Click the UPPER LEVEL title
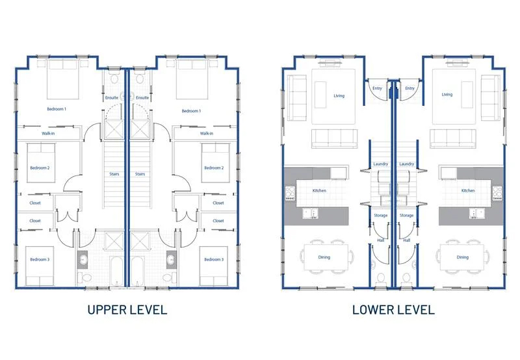click(x=127, y=310)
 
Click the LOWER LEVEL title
click(x=393, y=310)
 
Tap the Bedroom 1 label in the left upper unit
click(x=57, y=109)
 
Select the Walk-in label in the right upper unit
click(x=206, y=133)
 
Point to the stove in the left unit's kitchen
click(x=290, y=193)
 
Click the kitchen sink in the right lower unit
click(x=476, y=213)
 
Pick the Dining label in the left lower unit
click(x=324, y=257)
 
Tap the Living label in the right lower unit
click(x=447, y=94)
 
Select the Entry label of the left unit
click(x=377, y=88)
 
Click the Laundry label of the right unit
click(x=407, y=164)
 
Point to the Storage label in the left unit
click(x=380, y=215)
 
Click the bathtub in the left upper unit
click(x=117, y=271)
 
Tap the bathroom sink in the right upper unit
click(x=171, y=259)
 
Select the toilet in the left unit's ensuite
click(x=115, y=78)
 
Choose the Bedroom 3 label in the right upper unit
click(x=214, y=259)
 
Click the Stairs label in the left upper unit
click(x=114, y=174)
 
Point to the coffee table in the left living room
click(x=320, y=95)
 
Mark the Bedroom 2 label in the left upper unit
click(x=40, y=168)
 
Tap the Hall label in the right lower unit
click(x=407, y=240)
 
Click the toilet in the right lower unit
click(x=406, y=279)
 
